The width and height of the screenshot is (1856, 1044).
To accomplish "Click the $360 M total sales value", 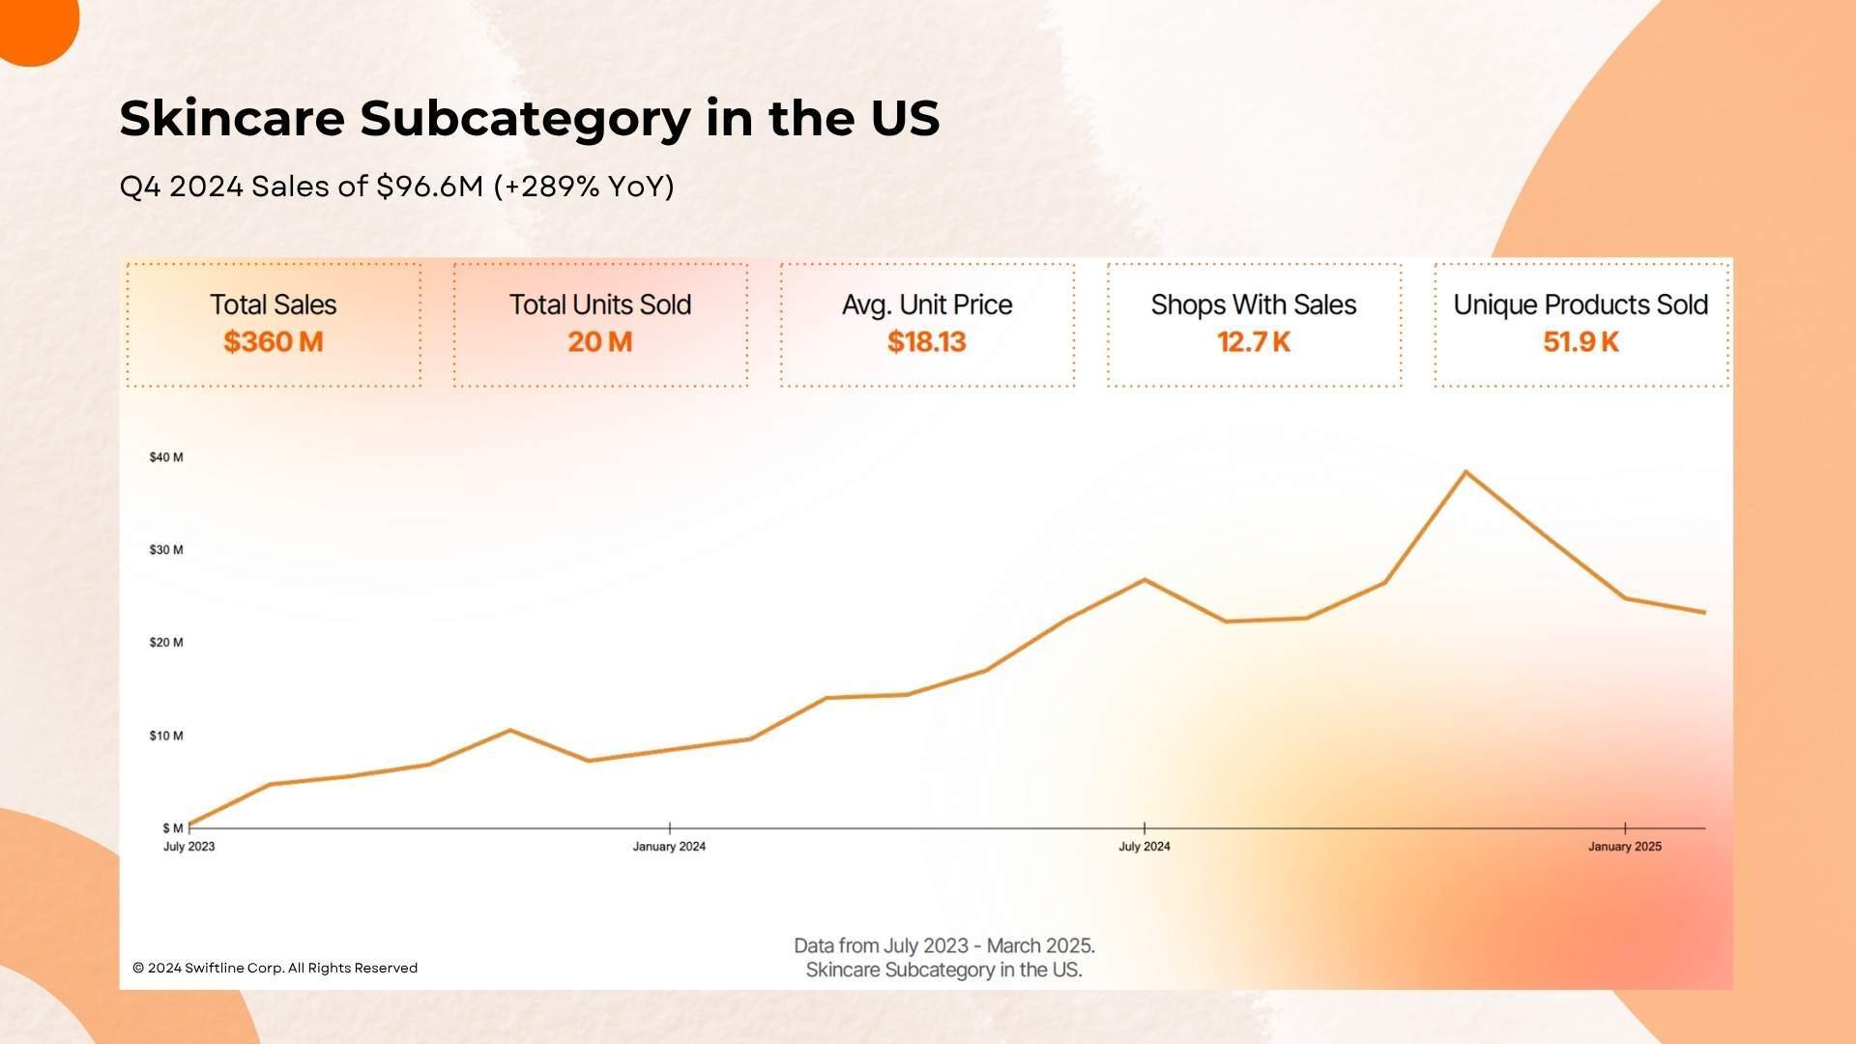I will click(x=273, y=342).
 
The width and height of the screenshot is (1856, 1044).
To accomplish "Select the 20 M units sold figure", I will click(x=599, y=342).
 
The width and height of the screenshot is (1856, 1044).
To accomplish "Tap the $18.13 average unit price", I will click(x=926, y=342).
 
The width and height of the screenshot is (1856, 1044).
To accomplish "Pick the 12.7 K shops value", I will click(x=1253, y=342).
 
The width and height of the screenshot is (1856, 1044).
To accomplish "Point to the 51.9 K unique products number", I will click(x=1580, y=342).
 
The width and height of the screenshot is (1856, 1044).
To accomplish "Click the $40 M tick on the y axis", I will click(x=166, y=457).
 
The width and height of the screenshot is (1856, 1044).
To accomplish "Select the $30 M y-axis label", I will click(x=166, y=550).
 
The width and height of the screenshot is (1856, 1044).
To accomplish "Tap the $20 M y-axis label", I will click(x=166, y=643).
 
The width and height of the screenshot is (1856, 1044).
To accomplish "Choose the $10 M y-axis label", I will click(x=166, y=736).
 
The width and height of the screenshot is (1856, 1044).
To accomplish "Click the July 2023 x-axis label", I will click(x=188, y=847).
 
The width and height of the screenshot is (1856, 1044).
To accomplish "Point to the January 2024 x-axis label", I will click(x=669, y=847).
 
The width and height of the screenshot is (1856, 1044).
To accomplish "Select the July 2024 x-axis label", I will click(x=1144, y=847).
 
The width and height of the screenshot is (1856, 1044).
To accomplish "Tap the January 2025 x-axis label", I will click(x=1624, y=847).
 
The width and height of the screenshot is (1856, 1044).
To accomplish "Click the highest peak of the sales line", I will click(x=1465, y=473).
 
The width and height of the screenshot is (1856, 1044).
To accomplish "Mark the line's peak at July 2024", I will click(x=1145, y=580).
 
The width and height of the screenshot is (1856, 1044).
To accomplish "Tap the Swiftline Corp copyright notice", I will click(x=275, y=968).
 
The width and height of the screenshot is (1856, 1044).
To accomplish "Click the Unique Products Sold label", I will click(x=1580, y=304).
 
